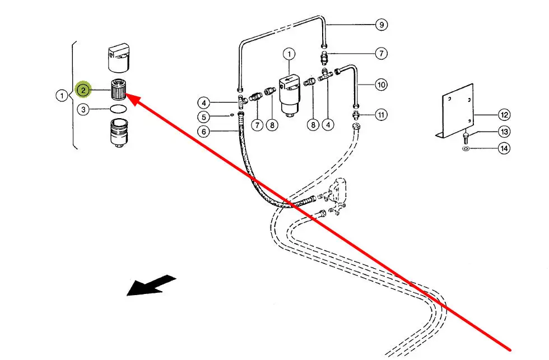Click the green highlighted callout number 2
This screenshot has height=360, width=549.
83,90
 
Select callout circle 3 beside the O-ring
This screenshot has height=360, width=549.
83,110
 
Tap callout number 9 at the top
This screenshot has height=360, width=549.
381,25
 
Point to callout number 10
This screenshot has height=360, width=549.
381,85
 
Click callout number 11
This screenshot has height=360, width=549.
381,115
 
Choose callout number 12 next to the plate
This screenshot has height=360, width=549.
504,115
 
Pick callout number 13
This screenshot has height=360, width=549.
504,132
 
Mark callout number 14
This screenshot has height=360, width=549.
504,148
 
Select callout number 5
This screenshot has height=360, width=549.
204,117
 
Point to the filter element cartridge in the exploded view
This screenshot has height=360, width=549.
117,90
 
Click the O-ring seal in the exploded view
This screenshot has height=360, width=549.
117,109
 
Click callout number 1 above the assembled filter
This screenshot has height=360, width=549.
289,54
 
